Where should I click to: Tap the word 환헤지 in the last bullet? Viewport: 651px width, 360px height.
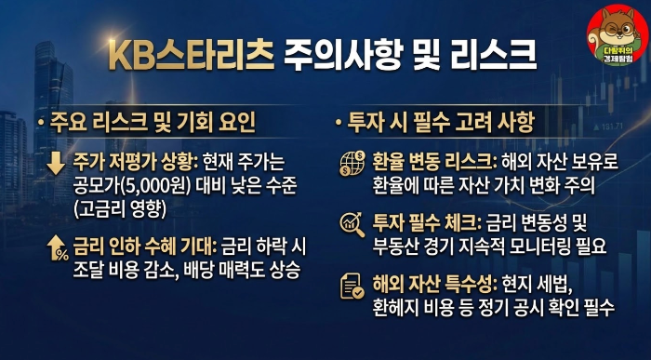[397, 309]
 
